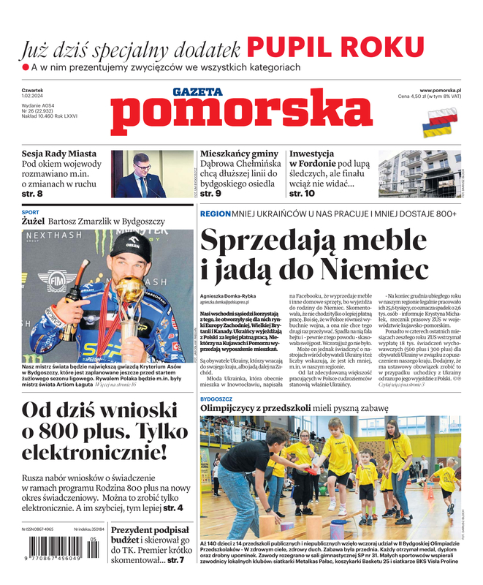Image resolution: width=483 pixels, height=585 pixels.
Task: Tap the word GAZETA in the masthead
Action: (197, 92)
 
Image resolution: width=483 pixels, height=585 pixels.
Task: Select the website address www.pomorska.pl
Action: (445, 89)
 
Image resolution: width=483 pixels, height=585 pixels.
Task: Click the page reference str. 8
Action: (31, 194)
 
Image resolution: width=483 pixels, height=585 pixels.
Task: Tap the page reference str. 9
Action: (210, 194)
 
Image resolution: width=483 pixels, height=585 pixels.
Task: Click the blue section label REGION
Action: (215, 214)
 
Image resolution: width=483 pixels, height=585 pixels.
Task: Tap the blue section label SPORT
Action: (31, 212)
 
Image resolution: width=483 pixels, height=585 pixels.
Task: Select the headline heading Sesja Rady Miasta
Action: (59, 154)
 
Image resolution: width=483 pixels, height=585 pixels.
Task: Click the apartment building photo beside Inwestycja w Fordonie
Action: (419, 174)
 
